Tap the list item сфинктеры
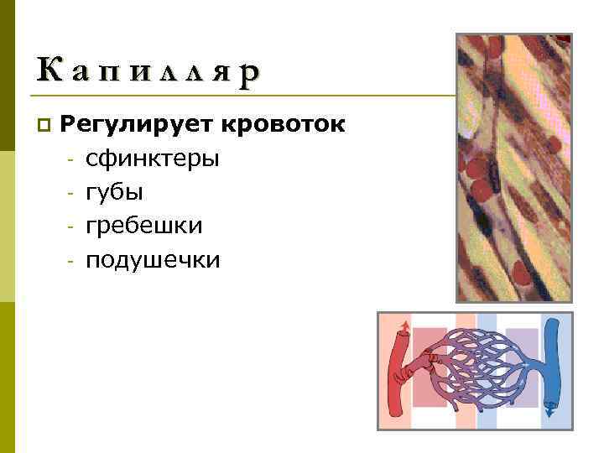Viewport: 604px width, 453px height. click(x=153, y=159)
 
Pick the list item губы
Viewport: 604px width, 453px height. click(x=114, y=192)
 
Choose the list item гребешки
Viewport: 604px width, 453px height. click(x=143, y=226)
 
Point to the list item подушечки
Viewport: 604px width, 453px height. click(x=153, y=260)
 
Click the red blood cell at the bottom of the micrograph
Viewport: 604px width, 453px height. click(x=521, y=273)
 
